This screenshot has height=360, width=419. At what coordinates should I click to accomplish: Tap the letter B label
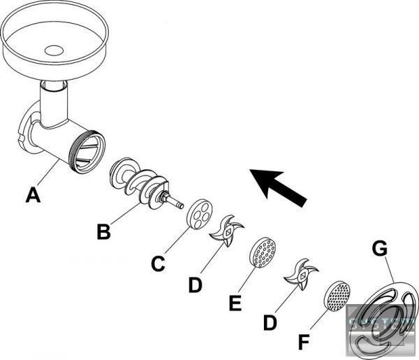coord(103,231)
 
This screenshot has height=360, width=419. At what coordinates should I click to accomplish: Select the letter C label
coord(158,264)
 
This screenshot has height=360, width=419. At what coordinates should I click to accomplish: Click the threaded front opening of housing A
coord(89,151)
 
